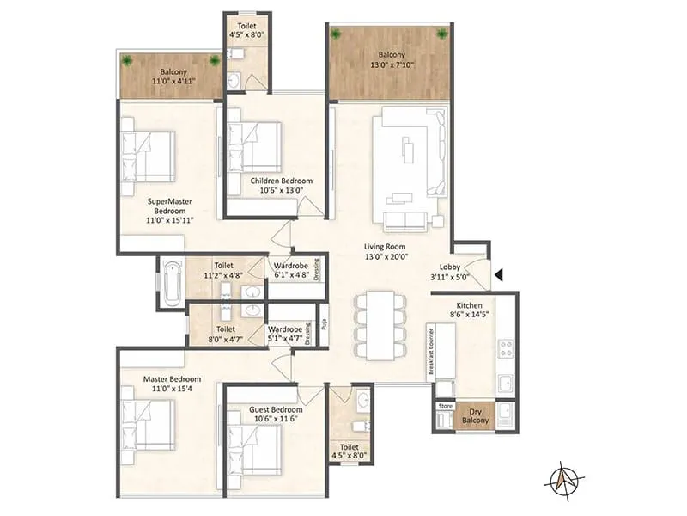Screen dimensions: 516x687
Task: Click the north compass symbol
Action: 564,476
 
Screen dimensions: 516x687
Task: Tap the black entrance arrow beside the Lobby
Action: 499,276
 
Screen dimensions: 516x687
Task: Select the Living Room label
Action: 384,246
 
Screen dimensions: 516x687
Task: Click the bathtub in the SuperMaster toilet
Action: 171,282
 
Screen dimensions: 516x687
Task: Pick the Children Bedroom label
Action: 282,181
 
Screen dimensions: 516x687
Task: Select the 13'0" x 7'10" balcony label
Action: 391,63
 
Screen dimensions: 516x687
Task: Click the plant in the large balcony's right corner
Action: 442,34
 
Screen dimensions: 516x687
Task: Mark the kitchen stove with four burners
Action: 506,349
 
